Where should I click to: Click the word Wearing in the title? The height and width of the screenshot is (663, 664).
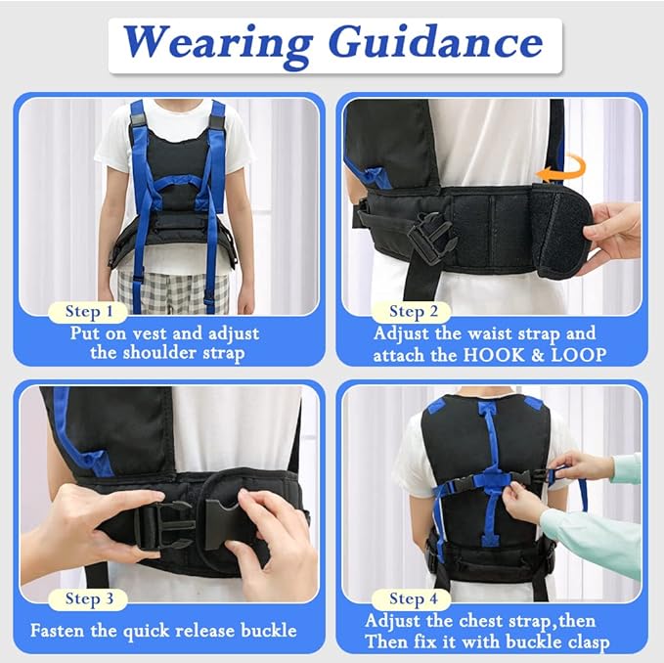(x=218, y=44)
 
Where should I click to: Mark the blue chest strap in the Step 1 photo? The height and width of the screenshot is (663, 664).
(x=177, y=182)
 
